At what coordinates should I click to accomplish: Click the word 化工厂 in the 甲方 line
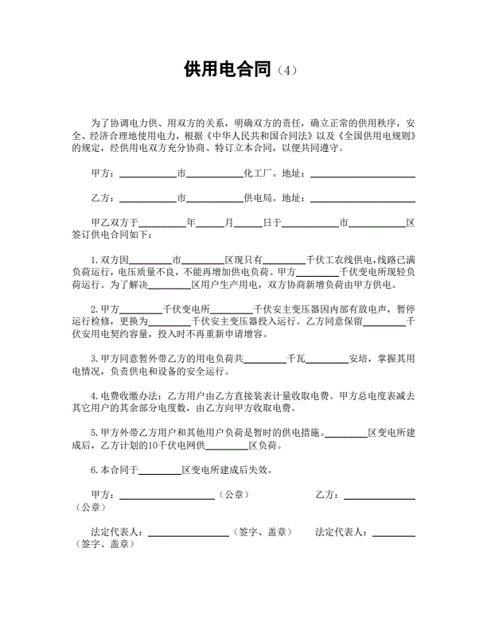259,173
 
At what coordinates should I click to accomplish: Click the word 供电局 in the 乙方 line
259,198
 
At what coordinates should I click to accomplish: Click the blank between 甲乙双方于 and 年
162,224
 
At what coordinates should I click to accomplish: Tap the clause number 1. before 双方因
94,260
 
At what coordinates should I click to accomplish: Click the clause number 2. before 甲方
94,309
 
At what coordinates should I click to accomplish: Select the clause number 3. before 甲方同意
94,359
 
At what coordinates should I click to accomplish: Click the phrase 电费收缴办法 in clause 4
128,395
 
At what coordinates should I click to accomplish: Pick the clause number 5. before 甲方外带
94,433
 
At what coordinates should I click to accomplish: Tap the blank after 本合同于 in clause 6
161,470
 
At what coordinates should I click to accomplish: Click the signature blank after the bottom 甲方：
166,495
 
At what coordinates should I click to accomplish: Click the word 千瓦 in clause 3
296,359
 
